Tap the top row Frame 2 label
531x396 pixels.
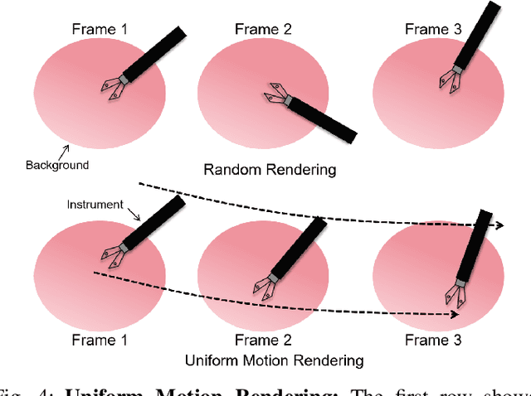pos(263,30)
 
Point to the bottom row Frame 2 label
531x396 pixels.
pos(262,340)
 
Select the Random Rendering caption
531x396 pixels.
pos(270,170)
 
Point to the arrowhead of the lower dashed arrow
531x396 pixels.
pos(455,314)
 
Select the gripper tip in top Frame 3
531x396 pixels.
pos(446,81)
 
